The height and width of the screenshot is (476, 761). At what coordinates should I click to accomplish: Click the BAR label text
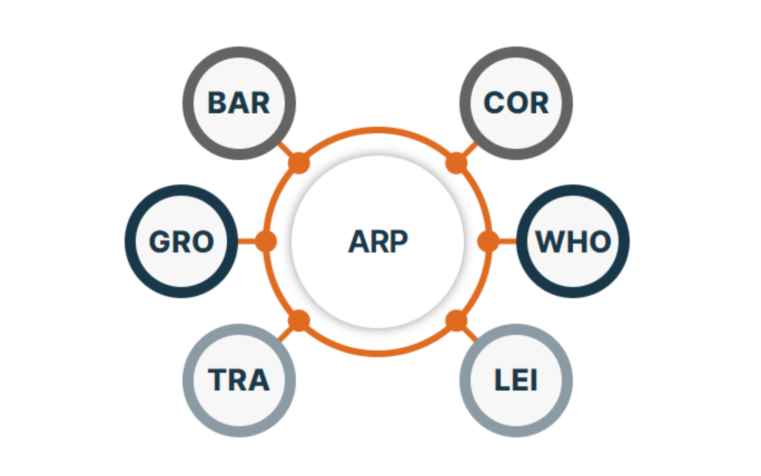[x=239, y=103]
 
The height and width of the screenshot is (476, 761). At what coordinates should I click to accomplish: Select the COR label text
[x=516, y=103]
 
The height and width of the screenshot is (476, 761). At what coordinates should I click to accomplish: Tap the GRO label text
[x=181, y=242]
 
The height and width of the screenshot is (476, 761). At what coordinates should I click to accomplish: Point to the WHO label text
[x=573, y=242]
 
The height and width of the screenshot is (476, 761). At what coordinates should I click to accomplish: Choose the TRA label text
[x=239, y=380]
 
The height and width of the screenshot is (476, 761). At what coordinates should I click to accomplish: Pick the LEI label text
[x=516, y=380]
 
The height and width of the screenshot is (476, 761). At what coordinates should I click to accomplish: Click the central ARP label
[x=378, y=242]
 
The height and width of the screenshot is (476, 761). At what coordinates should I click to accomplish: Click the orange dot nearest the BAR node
[x=299, y=163]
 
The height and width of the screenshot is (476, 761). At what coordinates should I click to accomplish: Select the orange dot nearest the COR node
[x=456, y=163]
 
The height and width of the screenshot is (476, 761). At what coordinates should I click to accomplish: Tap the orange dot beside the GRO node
[x=266, y=242]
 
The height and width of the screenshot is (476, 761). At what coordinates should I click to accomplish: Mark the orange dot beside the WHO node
[x=488, y=242]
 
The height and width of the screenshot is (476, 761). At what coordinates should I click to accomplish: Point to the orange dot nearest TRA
[x=299, y=320]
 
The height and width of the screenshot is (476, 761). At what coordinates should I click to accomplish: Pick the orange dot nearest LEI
[x=456, y=320]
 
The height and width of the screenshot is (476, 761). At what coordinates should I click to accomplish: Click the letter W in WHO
[x=549, y=242]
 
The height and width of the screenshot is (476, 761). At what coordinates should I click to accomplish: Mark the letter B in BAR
[x=217, y=103]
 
